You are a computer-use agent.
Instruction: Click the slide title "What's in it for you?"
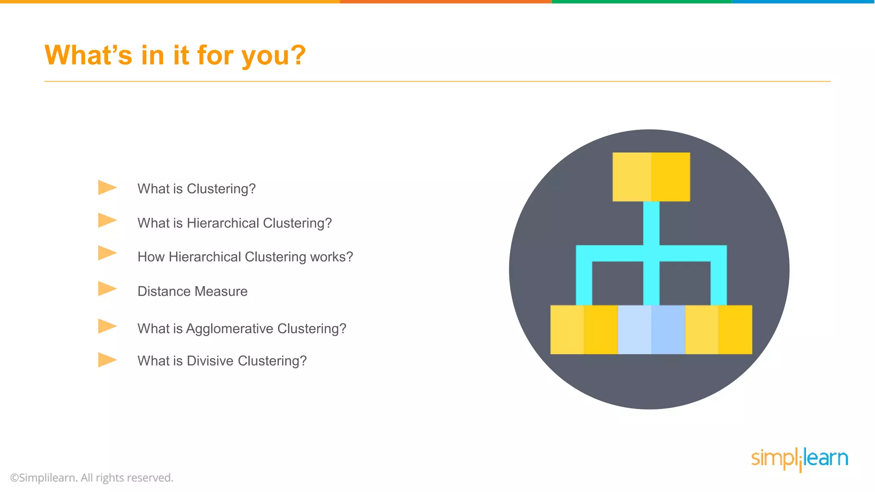[175, 56]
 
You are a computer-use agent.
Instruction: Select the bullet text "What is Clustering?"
[197, 189]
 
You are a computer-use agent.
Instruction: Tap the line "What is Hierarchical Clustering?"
[235, 223]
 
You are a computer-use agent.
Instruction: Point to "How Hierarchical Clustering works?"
[245, 257]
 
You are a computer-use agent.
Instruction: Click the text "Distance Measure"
[192, 291]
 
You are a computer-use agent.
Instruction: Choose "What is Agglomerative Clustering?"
[242, 328]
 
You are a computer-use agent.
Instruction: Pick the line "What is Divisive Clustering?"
[222, 361]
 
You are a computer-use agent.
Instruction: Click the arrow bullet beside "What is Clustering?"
[107, 187]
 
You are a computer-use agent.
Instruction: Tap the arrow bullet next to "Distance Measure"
[107, 289]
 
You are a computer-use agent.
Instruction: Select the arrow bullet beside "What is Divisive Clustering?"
[107, 360]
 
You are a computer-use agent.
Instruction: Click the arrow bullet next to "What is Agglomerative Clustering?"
[107, 326]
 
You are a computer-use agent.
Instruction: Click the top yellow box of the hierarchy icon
[651, 177]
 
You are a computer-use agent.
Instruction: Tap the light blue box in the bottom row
[651, 330]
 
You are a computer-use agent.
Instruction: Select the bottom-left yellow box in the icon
[584, 330]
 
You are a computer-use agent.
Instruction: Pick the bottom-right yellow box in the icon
[719, 330]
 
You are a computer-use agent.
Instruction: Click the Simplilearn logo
[799, 459]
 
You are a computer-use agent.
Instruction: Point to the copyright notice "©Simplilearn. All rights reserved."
[92, 477]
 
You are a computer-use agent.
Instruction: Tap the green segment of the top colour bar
[642, 2]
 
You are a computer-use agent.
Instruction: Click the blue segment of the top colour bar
[803, 2]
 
